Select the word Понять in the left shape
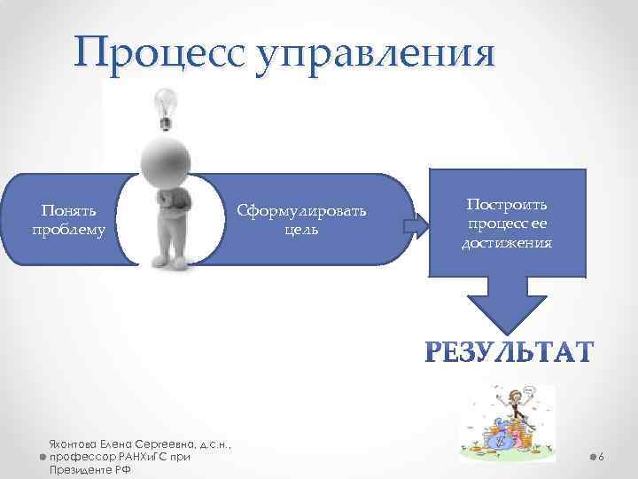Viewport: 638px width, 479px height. (68, 210)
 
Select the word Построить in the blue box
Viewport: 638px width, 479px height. (507, 205)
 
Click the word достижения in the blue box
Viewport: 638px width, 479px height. (507, 241)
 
